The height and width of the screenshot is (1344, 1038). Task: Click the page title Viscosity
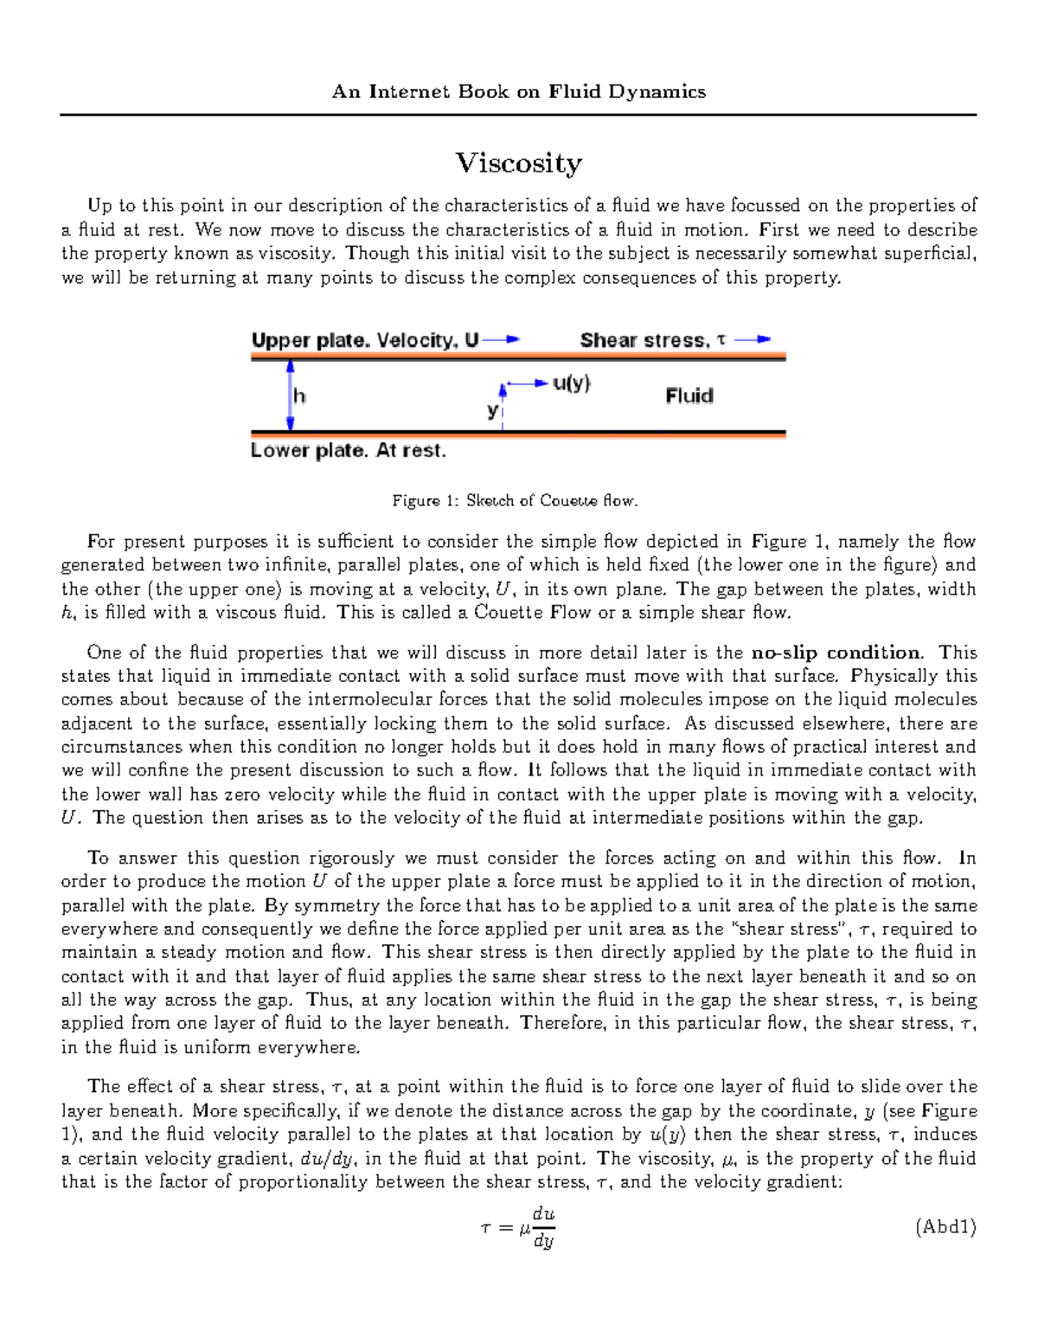[519, 164]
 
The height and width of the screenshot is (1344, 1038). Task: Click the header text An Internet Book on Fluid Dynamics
[519, 92]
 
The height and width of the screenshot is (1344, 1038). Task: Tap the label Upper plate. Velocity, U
[364, 340]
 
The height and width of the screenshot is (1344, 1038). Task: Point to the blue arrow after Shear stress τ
[752, 340]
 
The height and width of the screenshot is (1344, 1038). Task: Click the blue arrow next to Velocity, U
[501, 340]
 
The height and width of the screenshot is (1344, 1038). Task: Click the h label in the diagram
[299, 396]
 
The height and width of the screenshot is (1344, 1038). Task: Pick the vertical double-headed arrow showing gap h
[291, 395]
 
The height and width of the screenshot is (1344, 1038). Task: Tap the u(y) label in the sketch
[571, 383]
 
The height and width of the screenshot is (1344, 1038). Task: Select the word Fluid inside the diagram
[689, 395]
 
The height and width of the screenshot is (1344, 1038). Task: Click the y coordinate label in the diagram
[491, 410]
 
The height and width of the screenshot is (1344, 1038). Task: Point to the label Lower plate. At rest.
[348, 451]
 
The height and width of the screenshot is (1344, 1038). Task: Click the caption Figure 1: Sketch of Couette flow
[515, 500]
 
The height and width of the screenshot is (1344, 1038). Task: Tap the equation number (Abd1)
[945, 1226]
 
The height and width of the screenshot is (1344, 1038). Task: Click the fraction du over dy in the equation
[543, 1227]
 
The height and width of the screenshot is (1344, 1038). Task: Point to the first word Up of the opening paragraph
[99, 206]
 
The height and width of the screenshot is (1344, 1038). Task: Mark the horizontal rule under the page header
[518, 114]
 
